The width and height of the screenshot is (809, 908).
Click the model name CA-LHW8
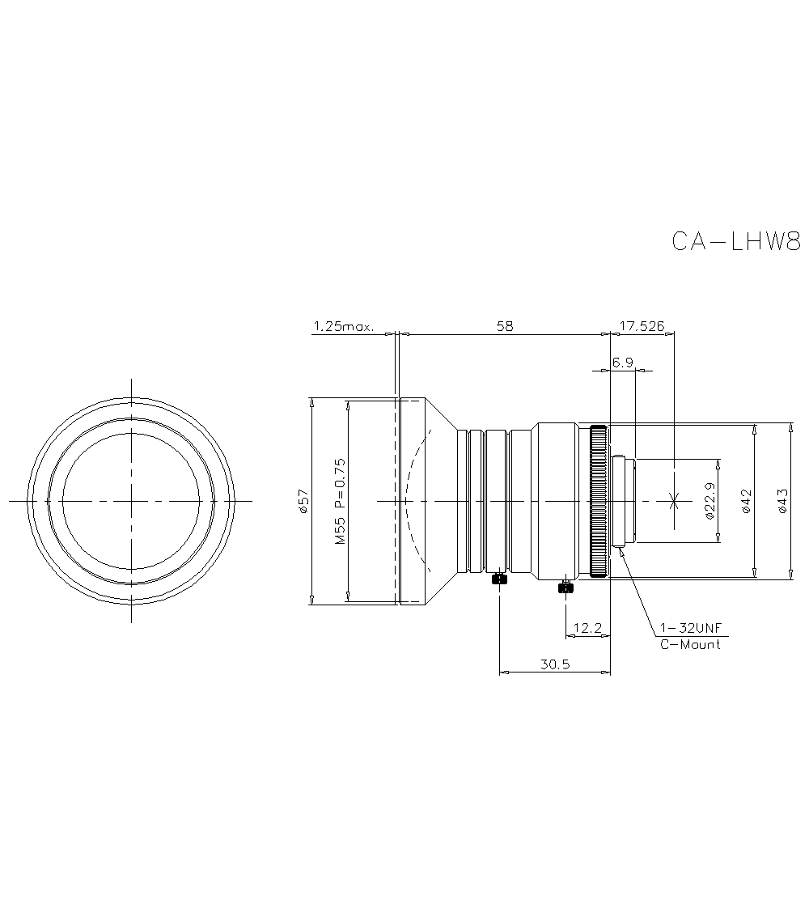click(x=735, y=241)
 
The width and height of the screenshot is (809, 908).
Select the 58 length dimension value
click(x=504, y=326)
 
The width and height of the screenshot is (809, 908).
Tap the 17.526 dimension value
click(x=642, y=326)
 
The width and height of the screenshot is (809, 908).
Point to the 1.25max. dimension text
click(x=343, y=326)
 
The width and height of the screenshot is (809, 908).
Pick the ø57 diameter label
click(x=303, y=501)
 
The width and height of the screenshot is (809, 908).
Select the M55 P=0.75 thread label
click(x=340, y=501)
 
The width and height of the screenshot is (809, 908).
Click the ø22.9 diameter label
click(x=709, y=501)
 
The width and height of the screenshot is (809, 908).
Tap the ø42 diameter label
click(x=746, y=501)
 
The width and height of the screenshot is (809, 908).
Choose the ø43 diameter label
click(x=781, y=501)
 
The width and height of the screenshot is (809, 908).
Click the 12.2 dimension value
click(x=587, y=628)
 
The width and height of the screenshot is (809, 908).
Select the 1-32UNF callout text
click(x=689, y=628)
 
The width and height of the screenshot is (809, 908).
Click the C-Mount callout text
click(x=689, y=645)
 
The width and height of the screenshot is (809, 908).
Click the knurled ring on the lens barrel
click(x=598, y=501)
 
